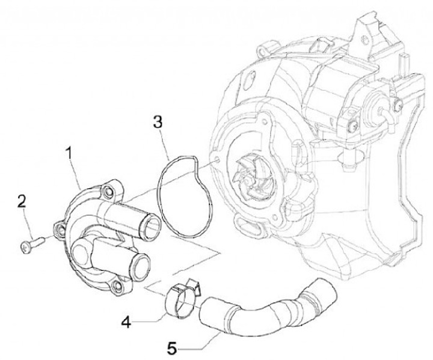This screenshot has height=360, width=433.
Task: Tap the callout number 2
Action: point(22,201)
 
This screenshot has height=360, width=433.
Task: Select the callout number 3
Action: point(157,123)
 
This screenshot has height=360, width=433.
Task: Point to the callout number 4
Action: point(125,322)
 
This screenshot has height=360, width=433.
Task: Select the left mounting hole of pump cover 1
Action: point(60,228)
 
